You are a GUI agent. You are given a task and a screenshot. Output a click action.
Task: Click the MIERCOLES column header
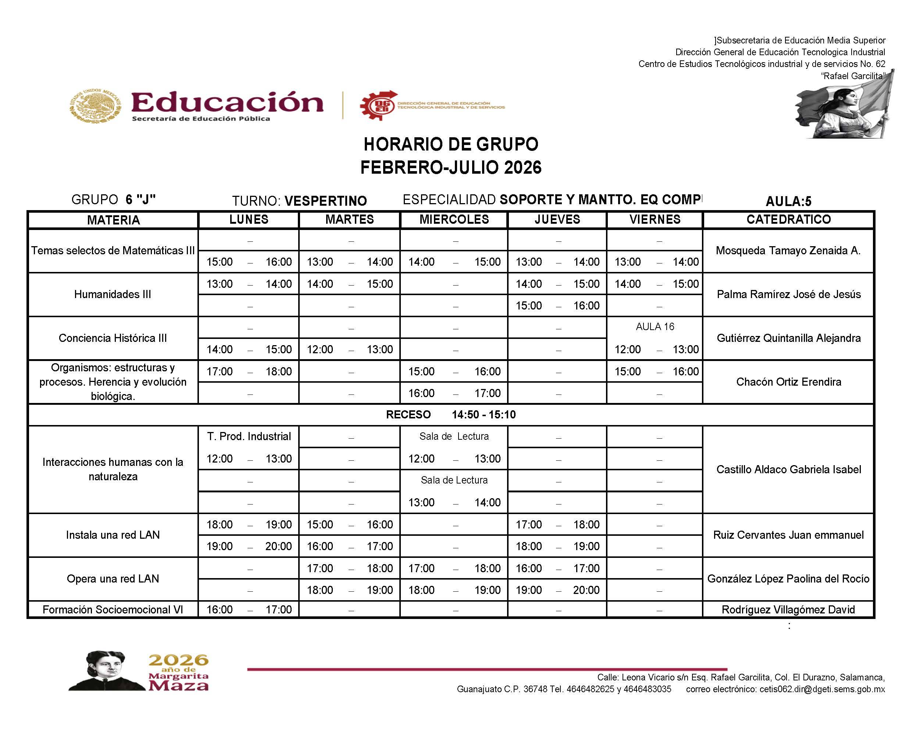coord(454,219)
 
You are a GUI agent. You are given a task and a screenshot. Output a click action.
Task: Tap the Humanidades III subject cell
coord(113,294)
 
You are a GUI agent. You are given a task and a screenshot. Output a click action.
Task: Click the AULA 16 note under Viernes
coord(655,327)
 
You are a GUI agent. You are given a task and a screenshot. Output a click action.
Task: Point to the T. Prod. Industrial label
coord(249,436)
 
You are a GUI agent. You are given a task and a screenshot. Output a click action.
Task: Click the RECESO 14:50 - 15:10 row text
coord(450,414)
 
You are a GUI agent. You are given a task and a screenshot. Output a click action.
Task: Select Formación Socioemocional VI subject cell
coord(113,609)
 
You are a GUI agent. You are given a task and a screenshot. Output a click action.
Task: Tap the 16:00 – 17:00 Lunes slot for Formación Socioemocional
coord(249,609)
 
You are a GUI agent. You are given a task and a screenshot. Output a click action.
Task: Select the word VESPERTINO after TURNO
coord(325,201)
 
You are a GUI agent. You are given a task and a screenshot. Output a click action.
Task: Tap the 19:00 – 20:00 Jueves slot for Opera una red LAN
coord(557,590)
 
